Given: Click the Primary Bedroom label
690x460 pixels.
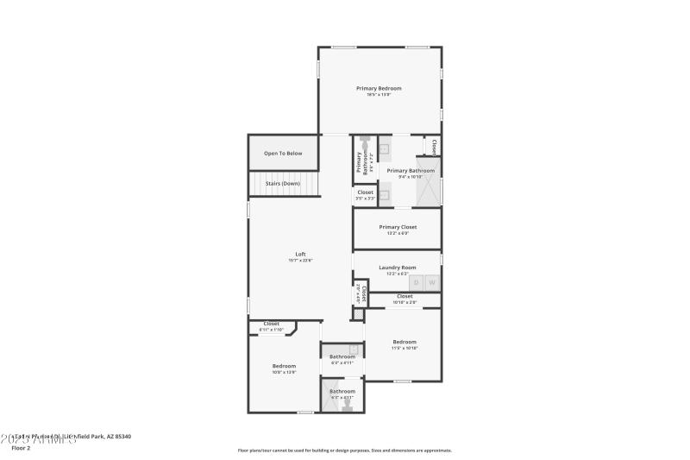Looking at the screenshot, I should click(x=379, y=88).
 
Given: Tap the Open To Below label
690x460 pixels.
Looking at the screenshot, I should click(x=283, y=154).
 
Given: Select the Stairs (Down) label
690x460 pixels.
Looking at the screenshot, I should click(x=283, y=183).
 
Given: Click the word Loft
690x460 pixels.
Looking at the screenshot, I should click(x=300, y=254).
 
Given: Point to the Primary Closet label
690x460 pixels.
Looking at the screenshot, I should click(x=398, y=227).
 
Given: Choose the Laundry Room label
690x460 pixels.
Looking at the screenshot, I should click(x=397, y=268).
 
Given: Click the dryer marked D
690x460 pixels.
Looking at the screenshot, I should click(x=416, y=283).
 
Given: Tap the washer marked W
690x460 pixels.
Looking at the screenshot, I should click(x=432, y=283).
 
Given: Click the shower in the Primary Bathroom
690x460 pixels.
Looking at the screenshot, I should click(x=429, y=180).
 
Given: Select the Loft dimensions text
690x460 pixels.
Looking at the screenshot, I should click(x=300, y=260).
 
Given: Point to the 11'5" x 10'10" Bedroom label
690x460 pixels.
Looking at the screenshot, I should click(x=405, y=342).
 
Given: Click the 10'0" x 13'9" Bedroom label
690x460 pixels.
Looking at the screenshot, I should click(x=284, y=366).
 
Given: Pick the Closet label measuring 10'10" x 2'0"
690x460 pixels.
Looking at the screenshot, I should click(x=405, y=296).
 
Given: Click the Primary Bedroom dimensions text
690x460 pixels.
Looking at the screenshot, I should click(x=379, y=94).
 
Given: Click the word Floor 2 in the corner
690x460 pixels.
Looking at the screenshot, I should click(x=21, y=448).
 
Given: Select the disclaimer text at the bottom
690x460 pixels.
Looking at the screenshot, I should click(x=344, y=450).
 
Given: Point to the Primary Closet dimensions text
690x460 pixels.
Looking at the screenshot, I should click(x=398, y=233).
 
